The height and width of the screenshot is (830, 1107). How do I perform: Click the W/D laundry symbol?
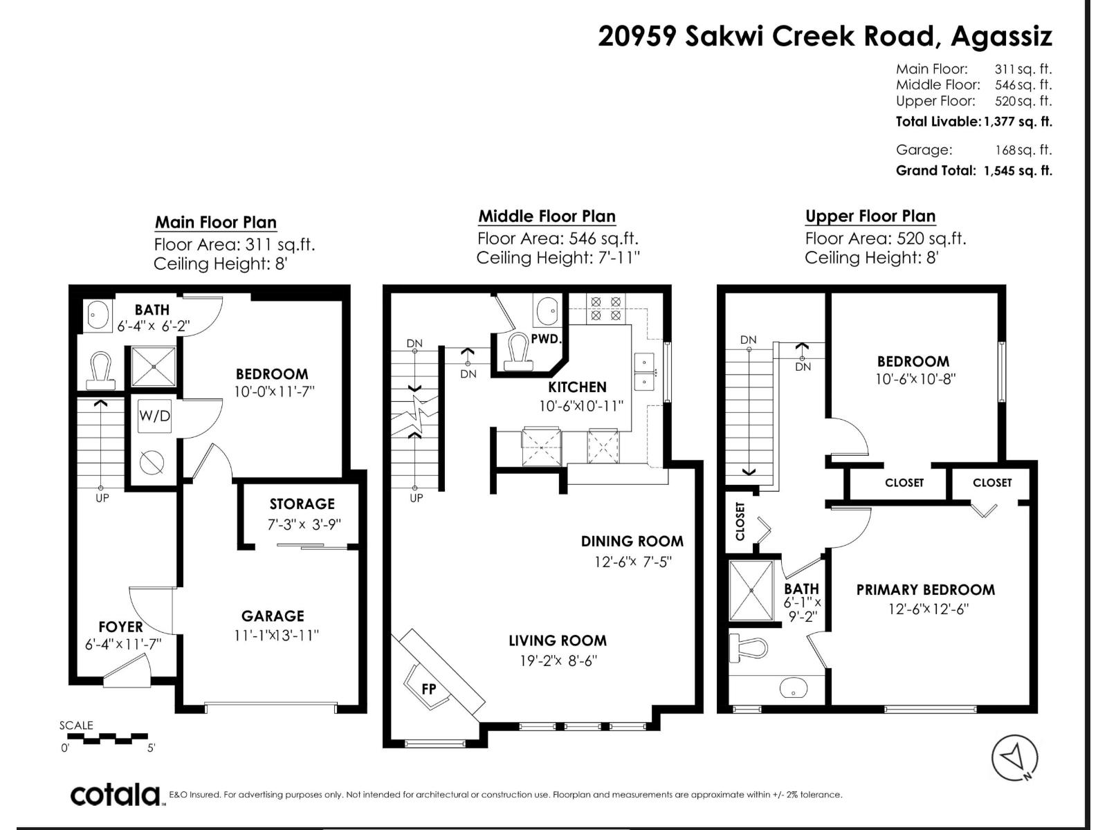point(154,416)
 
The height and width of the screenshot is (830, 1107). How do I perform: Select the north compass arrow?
point(1014,757)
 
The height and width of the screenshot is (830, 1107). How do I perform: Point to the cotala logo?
point(115,795)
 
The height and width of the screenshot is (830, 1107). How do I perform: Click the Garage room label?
point(273,616)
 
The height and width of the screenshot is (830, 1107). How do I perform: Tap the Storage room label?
point(302,504)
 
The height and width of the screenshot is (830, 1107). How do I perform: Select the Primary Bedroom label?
point(926,589)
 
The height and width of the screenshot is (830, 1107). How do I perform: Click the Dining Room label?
point(632,542)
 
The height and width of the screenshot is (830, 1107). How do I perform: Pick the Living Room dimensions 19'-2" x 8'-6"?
point(558,660)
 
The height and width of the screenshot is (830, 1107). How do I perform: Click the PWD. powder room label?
point(546,339)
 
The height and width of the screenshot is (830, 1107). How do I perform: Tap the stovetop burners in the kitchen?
point(605,309)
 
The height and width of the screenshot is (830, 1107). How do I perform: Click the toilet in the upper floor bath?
point(749,647)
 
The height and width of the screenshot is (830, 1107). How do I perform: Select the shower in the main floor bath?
point(154,367)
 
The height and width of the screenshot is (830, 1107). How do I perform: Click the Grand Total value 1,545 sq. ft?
point(1018,171)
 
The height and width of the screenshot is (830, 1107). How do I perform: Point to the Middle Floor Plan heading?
point(547,216)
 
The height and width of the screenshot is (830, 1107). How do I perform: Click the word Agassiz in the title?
point(1001,36)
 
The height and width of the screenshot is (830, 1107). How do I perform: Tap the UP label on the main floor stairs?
point(102,498)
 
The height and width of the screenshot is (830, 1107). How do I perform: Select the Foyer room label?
point(120,627)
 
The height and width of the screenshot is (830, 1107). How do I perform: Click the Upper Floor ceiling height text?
point(871,257)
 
